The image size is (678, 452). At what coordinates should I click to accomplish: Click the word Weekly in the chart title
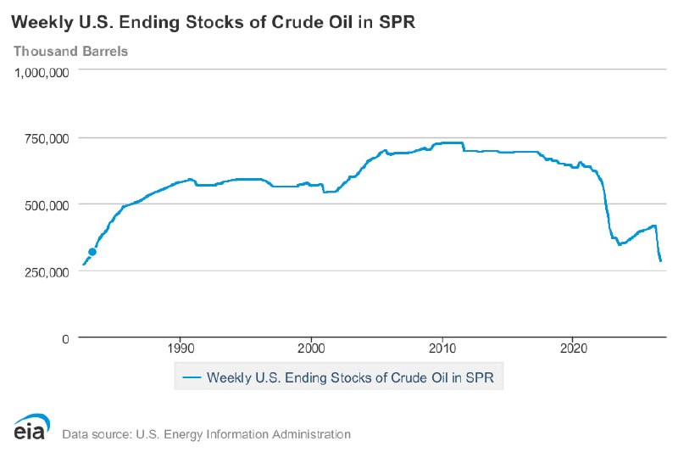point(42,23)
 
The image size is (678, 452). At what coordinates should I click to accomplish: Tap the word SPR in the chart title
point(397,22)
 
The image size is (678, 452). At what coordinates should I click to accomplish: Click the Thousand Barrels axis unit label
point(70,51)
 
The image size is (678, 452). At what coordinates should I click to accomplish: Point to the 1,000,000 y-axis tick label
point(42,72)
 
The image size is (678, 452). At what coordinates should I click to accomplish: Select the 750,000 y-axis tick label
point(47,139)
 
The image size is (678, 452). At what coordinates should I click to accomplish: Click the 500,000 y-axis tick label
point(47,205)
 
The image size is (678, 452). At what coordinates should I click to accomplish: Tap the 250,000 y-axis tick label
point(47,272)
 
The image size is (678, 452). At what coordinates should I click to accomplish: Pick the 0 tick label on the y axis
point(65,338)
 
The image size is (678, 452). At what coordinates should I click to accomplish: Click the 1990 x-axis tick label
point(180,349)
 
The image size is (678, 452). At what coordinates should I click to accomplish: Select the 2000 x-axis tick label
point(311,349)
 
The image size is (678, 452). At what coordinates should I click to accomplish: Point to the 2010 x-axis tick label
point(442,349)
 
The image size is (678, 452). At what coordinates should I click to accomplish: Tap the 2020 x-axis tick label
point(573,349)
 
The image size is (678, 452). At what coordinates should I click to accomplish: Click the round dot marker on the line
point(92,252)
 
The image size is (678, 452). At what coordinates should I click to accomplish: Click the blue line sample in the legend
point(192,377)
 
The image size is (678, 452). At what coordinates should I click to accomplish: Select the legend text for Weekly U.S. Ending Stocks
point(350,377)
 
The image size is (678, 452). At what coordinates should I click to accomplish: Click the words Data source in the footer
point(97,434)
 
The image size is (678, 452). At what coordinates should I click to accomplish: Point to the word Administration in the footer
point(311,434)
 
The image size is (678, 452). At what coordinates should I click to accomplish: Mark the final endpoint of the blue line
point(661,261)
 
